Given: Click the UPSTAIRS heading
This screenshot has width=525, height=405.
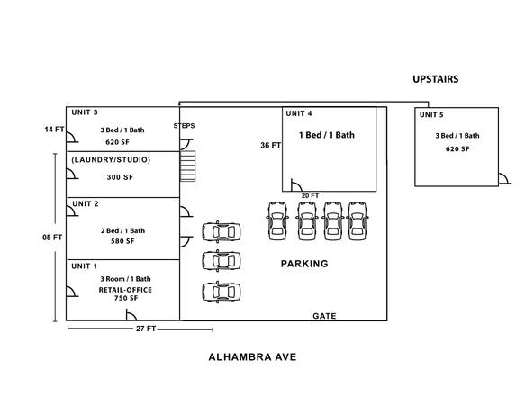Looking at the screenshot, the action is (435, 79).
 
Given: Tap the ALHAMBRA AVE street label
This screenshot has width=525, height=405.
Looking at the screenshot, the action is (252, 356).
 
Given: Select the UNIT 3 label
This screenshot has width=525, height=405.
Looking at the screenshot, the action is (85, 112).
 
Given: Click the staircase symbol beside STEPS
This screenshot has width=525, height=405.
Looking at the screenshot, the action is (187, 166).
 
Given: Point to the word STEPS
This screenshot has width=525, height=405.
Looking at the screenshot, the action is (184, 126).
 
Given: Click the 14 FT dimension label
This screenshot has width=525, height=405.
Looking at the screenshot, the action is (54, 130).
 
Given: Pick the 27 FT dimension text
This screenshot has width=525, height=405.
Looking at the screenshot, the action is (146, 328).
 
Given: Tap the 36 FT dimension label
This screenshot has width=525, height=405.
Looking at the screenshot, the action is (270, 145).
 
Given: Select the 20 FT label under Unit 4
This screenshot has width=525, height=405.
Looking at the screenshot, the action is (310, 196).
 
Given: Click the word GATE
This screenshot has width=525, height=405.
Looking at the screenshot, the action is (324, 316).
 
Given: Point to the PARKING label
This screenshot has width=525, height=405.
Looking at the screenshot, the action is (304, 264).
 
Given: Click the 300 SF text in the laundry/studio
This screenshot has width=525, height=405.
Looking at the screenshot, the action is (120, 177).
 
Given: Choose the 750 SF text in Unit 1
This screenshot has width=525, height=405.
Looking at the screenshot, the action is (126, 298).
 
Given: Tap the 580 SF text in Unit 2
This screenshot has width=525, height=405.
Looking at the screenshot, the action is (122, 241).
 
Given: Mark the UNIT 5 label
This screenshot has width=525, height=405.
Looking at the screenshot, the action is (431, 115).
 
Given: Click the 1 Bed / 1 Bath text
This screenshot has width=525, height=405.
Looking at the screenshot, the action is (327, 135).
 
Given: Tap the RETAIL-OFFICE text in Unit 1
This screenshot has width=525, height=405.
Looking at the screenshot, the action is (125, 290).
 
